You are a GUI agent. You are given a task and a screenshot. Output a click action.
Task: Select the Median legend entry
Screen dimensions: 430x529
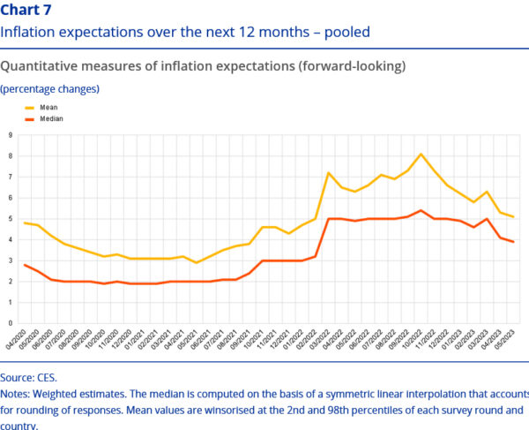pos(51,117)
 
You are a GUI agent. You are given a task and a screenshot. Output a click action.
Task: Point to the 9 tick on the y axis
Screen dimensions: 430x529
pos(11,135)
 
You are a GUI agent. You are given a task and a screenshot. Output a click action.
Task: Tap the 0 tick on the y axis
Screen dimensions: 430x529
pos(11,323)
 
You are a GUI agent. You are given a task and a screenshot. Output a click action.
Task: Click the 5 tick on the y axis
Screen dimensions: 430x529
pos(11,218)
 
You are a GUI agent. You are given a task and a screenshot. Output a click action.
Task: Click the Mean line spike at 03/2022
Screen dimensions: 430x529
pos(328,173)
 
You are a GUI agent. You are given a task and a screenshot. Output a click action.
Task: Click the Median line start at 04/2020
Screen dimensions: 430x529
pos(24,264)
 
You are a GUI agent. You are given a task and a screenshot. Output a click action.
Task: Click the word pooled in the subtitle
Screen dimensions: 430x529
pos(346,32)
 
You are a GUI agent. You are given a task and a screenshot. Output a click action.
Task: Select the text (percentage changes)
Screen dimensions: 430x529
pos(49,88)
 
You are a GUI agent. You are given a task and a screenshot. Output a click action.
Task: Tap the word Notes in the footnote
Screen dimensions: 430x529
pos(17,393)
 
